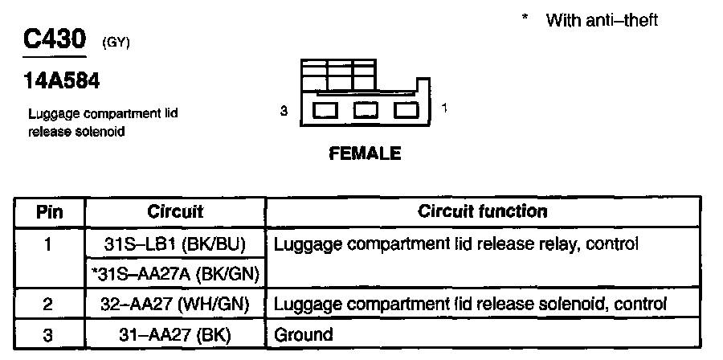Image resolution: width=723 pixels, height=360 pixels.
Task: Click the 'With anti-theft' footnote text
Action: click(601, 20)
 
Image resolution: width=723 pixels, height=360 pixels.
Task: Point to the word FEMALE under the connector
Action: click(365, 153)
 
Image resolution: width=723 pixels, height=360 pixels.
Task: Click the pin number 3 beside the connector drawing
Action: click(284, 112)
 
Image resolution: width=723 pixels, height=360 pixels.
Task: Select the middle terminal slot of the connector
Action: click(366, 111)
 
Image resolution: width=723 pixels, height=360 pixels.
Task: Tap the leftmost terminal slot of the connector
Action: click(325, 111)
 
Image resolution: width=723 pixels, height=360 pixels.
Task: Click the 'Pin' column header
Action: click(49, 213)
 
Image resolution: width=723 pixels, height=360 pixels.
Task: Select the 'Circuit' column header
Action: click(175, 213)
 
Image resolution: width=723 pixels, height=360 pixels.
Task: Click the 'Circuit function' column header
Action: click(483, 212)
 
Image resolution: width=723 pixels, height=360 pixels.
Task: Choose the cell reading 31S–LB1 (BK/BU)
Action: click(175, 243)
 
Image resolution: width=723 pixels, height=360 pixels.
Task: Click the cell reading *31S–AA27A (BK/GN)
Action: click(175, 274)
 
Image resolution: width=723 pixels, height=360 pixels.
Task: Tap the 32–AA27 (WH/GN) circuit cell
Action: click(175, 305)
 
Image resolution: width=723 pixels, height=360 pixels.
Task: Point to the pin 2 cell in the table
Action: click(49, 305)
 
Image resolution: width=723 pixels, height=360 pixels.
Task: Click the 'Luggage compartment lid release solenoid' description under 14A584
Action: click(103, 122)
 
